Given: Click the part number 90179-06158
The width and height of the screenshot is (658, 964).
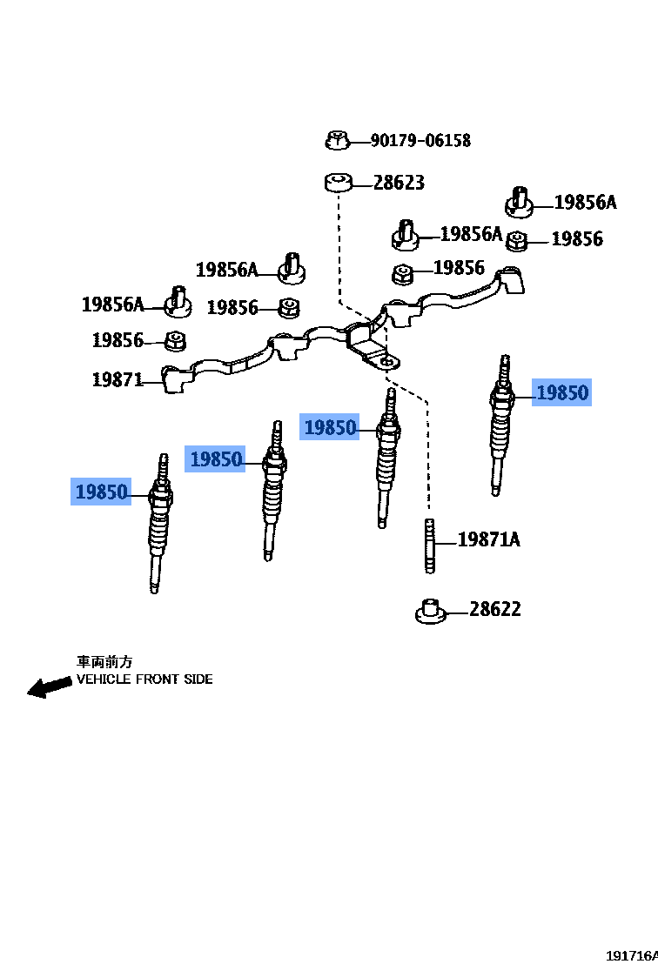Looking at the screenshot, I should pyautogui.click(x=420, y=140).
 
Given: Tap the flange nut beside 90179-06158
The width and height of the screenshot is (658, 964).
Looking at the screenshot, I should pyautogui.click(x=338, y=139).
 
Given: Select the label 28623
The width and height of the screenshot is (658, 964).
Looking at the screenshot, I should pyautogui.click(x=399, y=183).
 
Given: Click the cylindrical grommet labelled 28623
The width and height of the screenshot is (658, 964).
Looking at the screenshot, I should pyautogui.click(x=338, y=183).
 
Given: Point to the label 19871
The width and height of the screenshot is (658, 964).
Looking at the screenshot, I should pyautogui.click(x=117, y=379).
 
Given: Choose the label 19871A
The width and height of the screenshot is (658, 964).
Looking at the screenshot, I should pyautogui.click(x=488, y=539).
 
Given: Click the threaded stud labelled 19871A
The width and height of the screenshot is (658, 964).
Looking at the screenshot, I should pyautogui.click(x=429, y=546).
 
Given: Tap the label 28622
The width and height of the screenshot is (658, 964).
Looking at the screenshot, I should pyautogui.click(x=495, y=609).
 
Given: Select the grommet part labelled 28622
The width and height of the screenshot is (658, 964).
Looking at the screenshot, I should pyautogui.click(x=431, y=612).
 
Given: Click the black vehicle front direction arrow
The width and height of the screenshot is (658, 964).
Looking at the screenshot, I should pyautogui.click(x=49, y=686).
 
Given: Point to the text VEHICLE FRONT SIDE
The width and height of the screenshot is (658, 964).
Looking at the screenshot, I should pyautogui.click(x=144, y=679).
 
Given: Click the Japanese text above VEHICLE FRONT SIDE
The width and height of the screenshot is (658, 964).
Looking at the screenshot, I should pyautogui.click(x=104, y=662).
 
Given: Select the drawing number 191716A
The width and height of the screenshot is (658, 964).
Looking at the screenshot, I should pyautogui.click(x=632, y=955).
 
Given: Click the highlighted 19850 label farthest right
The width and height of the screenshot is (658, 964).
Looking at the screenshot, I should pyautogui.click(x=562, y=392).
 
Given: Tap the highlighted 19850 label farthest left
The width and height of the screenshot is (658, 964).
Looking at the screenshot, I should pyautogui.click(x=102, y=492).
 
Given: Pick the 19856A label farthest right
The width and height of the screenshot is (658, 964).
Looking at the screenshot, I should pyautogui.click(x=585, y=203).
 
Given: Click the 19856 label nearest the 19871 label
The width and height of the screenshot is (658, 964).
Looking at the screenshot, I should pyautogui.click(x=117, y=340).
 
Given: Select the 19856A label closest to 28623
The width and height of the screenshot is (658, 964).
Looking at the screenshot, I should pyautogui.click(x=471, y=233).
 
